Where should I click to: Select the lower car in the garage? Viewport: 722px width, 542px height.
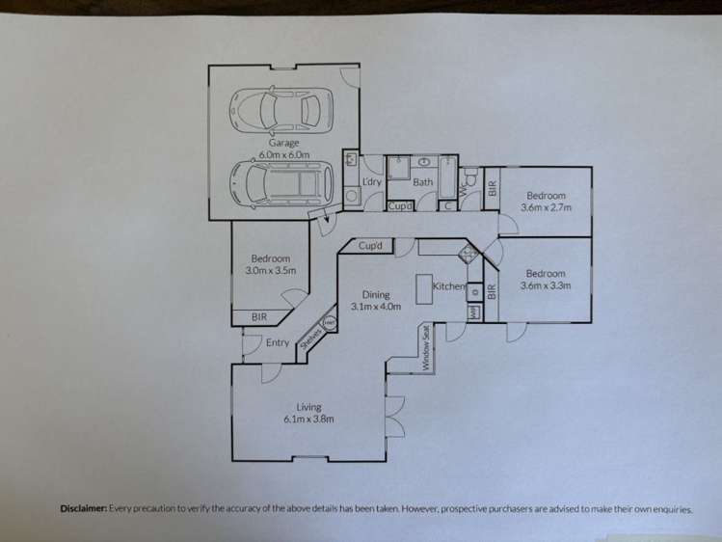coord(279,180)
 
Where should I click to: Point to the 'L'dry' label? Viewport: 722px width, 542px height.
coord(372,181)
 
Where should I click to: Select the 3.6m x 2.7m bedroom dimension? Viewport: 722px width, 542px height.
coord(546,206)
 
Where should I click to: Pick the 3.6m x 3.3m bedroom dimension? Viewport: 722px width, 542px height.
coord(546,285)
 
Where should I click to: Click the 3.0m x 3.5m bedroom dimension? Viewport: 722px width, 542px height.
coord(271,271)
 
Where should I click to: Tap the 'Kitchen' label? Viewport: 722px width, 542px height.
coord(449,286)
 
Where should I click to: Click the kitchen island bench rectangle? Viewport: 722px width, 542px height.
coord(422,289)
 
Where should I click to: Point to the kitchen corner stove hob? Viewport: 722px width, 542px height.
coord(469,254)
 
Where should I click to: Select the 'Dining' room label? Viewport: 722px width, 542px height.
coord(375,295)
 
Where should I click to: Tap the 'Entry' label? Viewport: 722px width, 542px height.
coord(278,342)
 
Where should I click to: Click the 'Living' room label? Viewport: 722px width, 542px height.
coord(308,407)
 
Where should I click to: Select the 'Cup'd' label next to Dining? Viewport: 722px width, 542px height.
coord(371,246)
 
